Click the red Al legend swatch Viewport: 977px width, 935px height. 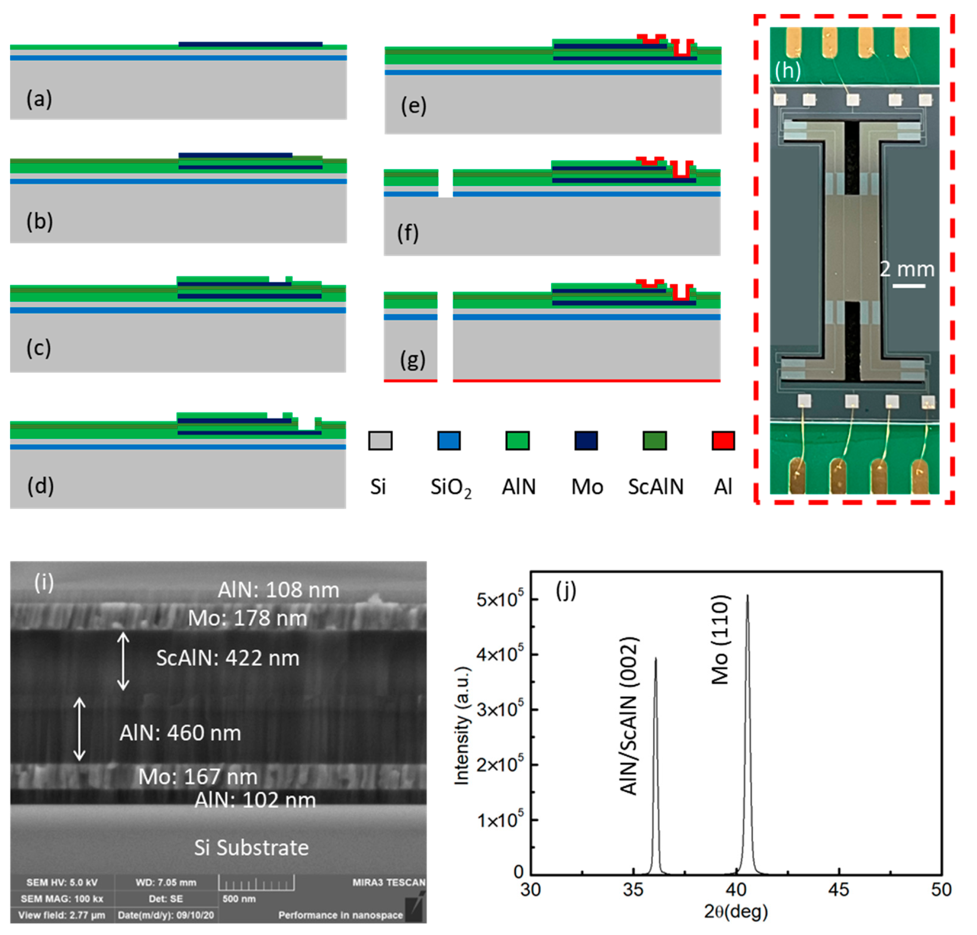click(723, 441)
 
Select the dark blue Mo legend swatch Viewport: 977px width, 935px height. click(586, 441)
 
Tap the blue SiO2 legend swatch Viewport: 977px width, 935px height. click(448, 441)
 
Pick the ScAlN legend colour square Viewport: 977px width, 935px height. click(654, 441)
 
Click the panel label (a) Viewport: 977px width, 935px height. click(39, 99)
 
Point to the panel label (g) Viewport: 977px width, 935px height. click(413, 359)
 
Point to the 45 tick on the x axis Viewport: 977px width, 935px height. click(839, 889)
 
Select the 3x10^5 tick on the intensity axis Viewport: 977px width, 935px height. click(500, 709)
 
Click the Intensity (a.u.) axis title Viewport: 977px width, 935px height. click(462, 725)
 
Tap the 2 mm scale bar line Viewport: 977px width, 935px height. click(908, 285)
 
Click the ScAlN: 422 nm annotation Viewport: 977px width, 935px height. click(228, 658)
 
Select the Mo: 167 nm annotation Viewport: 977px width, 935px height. click(198, 776)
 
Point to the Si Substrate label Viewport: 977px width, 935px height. click(251, 848)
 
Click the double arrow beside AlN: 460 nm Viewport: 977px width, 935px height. click(79, 729)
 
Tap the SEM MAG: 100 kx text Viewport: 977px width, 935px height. click(62, 898)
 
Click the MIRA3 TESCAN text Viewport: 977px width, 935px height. click(389, 882)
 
